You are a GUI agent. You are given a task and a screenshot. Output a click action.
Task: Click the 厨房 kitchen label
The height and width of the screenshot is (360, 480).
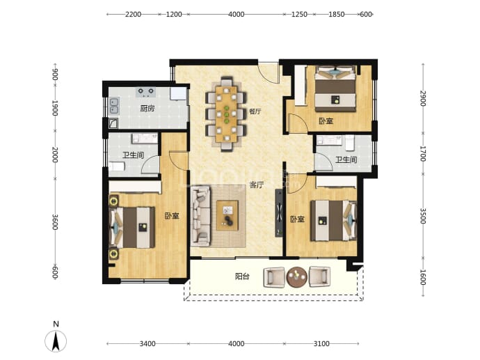pyautogui.click(x=147, y=109)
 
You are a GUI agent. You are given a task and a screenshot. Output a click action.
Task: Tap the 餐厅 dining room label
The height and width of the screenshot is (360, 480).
pyautogui.click(x=255, y=111)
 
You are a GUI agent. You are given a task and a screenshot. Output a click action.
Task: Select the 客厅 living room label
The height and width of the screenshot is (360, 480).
pyautogui.click(x=257, y=185)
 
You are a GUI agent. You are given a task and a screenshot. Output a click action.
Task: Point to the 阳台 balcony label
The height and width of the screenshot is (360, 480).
pyautogui.click(x=242, y=276)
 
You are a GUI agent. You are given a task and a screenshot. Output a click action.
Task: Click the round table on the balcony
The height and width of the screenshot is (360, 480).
pyautogui.click(x=296, y=277)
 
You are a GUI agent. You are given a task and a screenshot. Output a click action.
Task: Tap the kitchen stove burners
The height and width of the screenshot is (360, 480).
pyautogui.click(x=145, y=92)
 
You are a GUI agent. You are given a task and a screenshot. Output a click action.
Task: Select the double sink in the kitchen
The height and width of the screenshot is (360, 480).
pyautogui.click(x=114, y=106)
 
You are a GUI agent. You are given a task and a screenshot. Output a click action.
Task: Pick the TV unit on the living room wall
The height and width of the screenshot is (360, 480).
pyautogui.click(x=279, y=213)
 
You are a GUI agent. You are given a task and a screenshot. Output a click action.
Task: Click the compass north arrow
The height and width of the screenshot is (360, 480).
pyautogui.click(x=56, y=342)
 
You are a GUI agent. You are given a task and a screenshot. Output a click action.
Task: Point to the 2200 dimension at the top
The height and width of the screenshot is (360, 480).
pyautogui.click(x=133, y=15)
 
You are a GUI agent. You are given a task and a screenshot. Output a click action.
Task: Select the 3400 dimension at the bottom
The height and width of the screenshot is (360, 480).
pyautogui.click(x=147, y=344)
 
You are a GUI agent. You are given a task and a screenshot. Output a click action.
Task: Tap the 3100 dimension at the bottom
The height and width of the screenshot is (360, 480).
pyautogui.click(x=321, y=344)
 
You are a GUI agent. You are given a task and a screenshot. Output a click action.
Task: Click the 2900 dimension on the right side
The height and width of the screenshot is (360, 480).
pyautogui.click(x=423, y=98)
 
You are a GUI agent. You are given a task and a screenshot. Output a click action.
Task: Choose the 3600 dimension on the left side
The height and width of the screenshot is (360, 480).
pyautogui.click(x=55, y=222)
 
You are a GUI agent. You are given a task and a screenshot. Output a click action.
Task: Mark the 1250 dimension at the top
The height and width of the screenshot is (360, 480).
pyautogui.click(x=299, y=15)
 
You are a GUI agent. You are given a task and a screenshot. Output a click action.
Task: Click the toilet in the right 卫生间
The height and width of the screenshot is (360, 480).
pyautogui.click(x=350, y=143)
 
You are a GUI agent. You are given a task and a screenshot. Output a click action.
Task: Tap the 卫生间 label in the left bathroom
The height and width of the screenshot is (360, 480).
pyautogui.click(x=133, y=155)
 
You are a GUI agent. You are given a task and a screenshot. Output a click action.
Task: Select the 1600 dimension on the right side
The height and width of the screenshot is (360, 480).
pyautogui.click(x=423, y=277)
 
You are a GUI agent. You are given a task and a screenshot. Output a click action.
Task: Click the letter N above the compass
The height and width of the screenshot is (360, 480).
pyautogui.click(x=56, y=324)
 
